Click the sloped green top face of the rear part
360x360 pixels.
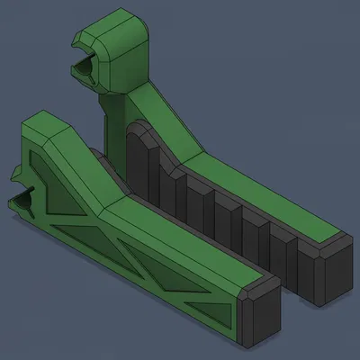point(166,117)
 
